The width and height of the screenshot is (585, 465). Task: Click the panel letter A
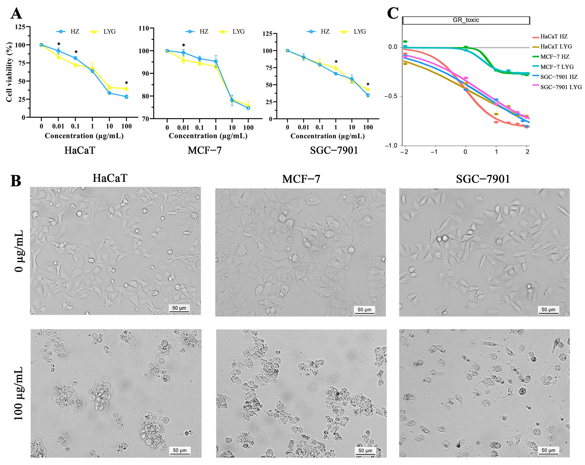tap(16, 14)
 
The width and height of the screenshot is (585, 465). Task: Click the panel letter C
tap(393, 14)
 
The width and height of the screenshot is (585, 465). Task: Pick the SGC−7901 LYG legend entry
tap(561, 87)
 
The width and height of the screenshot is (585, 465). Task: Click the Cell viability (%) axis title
tap(9, 72)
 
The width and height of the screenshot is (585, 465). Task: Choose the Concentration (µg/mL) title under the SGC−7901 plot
tap(327, 136)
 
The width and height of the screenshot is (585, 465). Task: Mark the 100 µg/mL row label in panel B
tap(18, 394)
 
